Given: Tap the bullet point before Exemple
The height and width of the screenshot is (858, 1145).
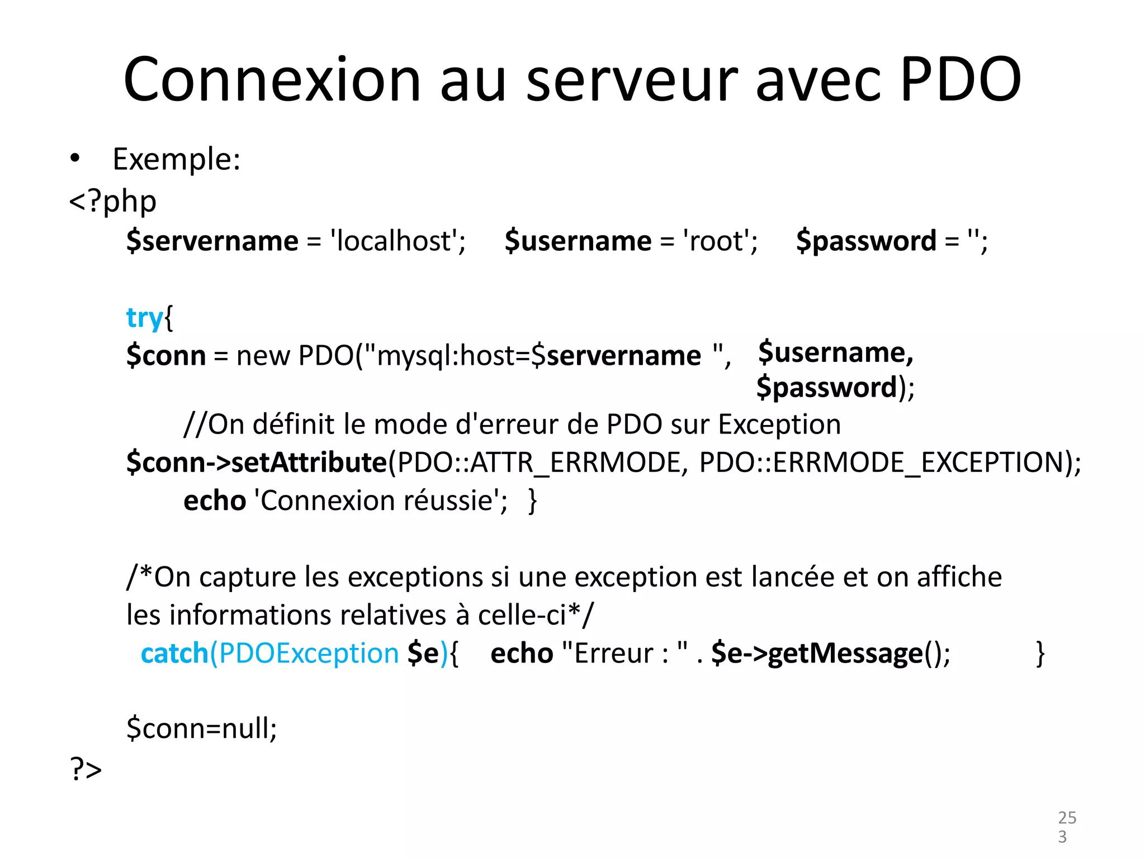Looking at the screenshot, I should click(75, 159).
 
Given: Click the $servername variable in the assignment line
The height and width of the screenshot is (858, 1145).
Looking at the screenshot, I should click(212, 241).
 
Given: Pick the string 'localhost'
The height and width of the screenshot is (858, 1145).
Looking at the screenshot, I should click(396, 241).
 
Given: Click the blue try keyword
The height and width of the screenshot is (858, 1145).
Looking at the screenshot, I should click(144, 318).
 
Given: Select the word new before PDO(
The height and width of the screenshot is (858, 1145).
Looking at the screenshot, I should click(263, 355).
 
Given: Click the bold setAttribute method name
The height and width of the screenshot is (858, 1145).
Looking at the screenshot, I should click(309, 462).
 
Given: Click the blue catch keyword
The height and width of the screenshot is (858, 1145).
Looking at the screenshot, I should click(174, 653).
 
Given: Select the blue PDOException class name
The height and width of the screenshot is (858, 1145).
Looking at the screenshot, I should click(309, 653).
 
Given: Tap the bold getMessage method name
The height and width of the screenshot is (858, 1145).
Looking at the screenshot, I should click(845, 653).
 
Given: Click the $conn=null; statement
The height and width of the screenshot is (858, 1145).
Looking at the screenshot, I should click(201, 728).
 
